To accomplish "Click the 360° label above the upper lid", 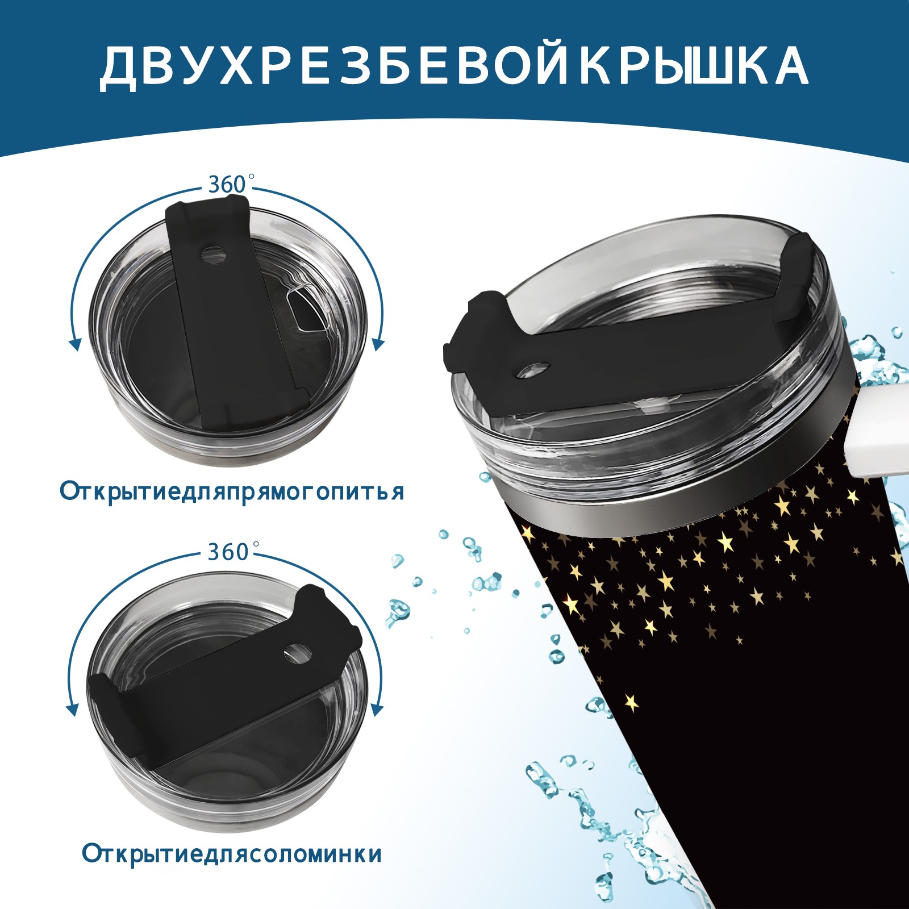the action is click(x=228, y=185).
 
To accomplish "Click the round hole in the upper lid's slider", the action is click(x=213, y=254).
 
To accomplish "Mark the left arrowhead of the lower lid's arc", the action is click(x=73, y=710).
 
